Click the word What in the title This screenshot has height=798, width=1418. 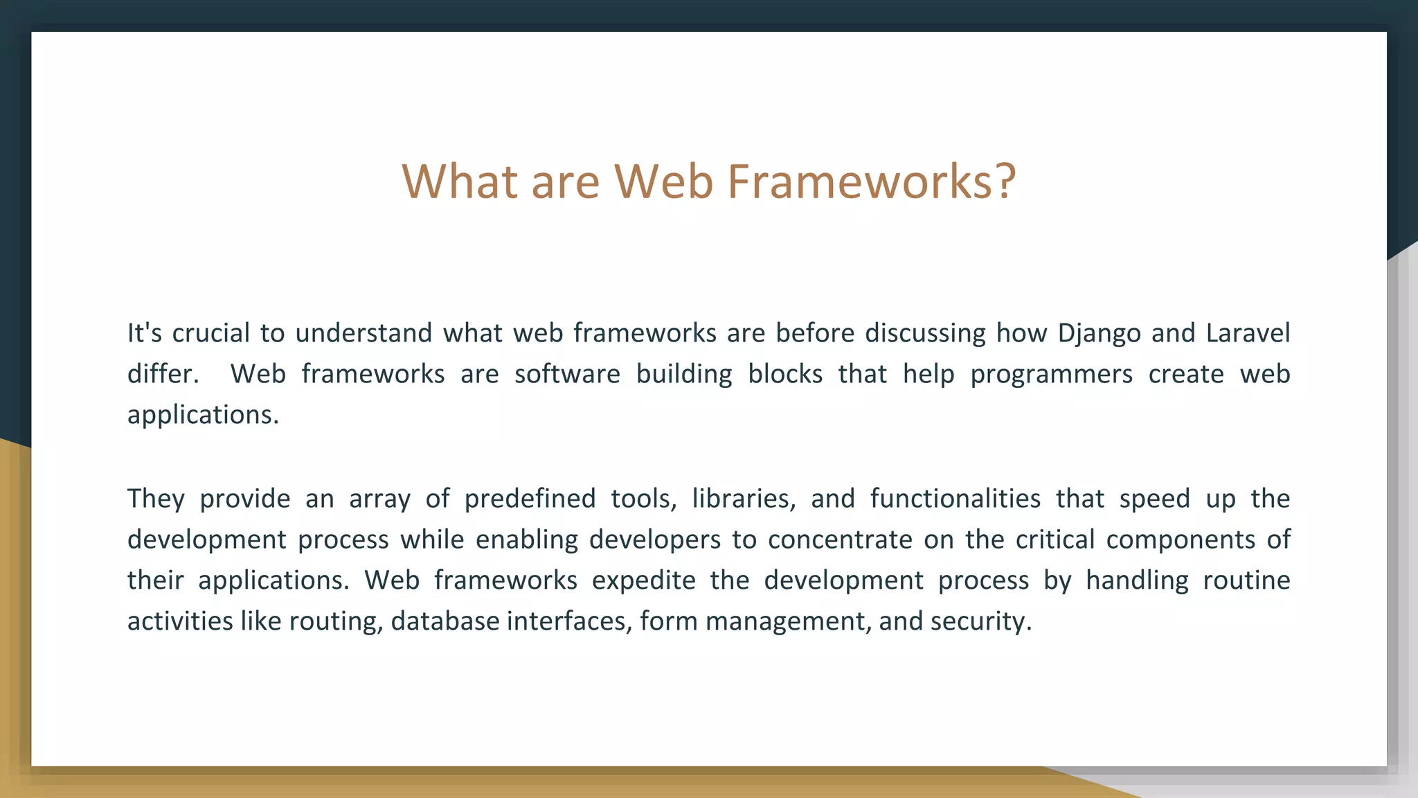pos(460,181)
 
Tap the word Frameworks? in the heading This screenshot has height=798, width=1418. pos(871,181)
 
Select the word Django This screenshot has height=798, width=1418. pos(1099,334)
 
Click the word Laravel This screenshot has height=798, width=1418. pos(1248,333)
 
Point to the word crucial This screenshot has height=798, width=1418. pos(210,333)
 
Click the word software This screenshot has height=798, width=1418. pos(567,374)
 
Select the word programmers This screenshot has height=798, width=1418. pos(1051,375)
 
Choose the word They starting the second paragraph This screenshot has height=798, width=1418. pos(156,499)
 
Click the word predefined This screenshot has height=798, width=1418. pos(530,499)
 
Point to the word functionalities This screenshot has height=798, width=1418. pos(955,499)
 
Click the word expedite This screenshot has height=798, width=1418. pos(643,580)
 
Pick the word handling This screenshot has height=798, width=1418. pos(1136,580)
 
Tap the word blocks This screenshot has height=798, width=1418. pos(785,374)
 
